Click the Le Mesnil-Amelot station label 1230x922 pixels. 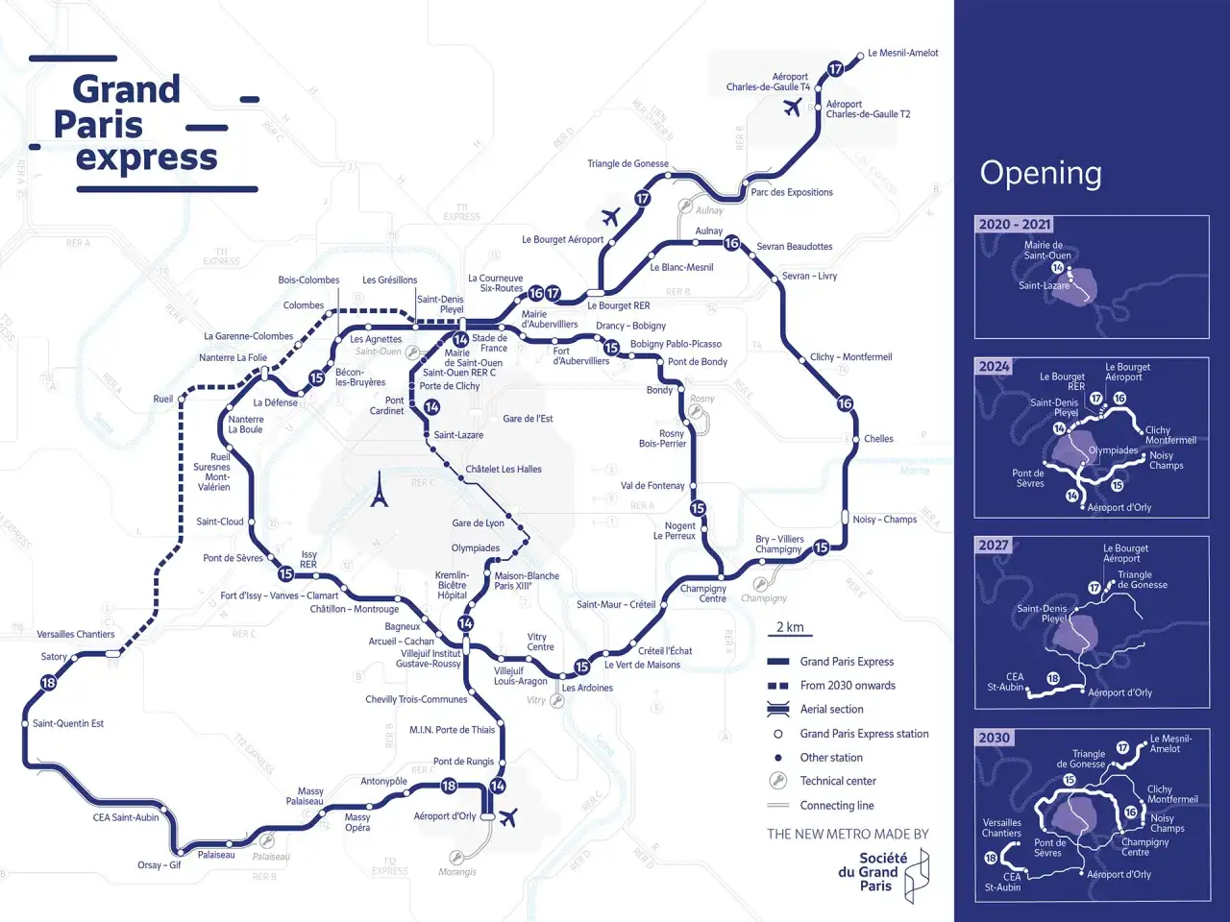point(902,53)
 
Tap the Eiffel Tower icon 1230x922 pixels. point(380,489)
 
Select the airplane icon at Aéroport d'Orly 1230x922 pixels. point(508,817)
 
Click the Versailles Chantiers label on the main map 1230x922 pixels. point(76,634)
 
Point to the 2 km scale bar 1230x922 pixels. point(790,629)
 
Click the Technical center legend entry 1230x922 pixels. point(837,781)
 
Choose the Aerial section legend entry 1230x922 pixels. point(831,709)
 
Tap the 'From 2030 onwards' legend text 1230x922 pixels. point(847,685)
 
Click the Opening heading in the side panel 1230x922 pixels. point(1041,173)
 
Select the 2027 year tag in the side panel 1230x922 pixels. point(994,545)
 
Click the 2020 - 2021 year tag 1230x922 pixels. point(1014,224)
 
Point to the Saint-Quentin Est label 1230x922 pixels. point(68,723)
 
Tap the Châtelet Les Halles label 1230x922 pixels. point(504,470)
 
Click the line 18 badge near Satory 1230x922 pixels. point(48,683)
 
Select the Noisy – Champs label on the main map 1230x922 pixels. point(884,520)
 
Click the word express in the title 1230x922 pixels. point(147,158)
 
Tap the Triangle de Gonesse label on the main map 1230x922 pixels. point(627,163)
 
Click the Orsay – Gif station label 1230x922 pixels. point(160,864)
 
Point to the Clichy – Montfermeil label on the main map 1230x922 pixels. point(850,356)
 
